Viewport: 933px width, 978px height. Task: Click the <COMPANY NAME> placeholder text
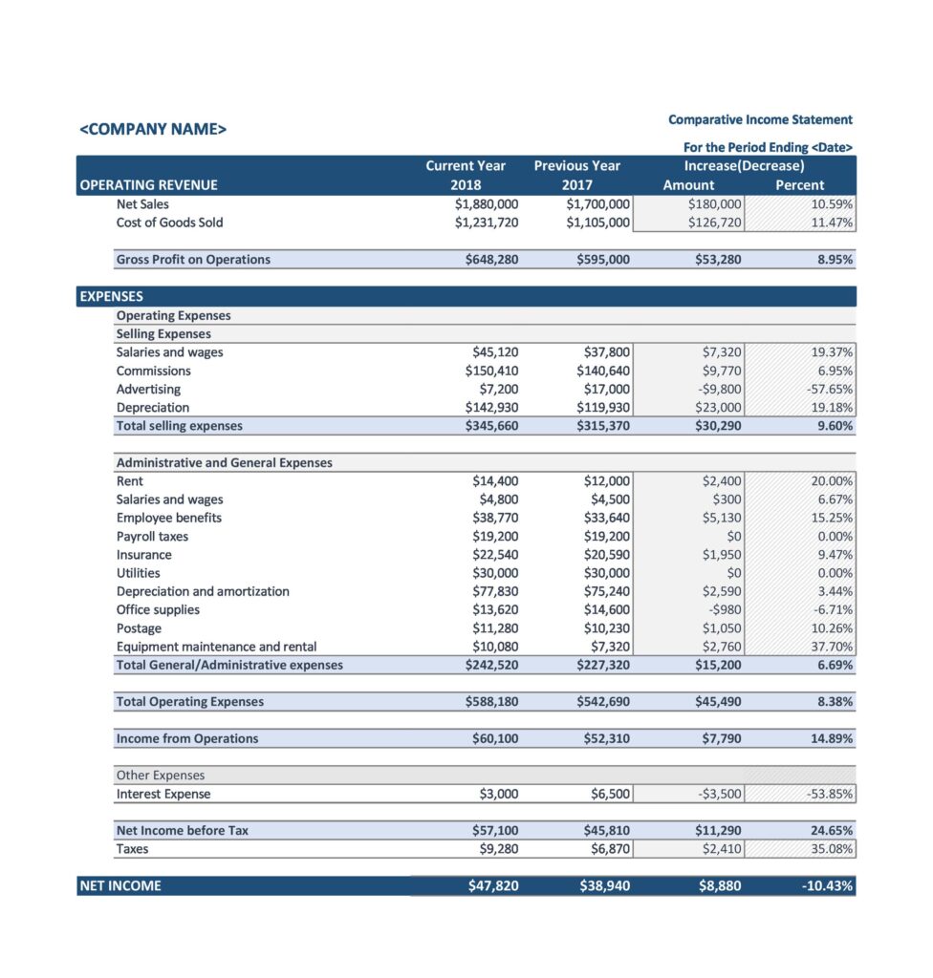click(153, 129)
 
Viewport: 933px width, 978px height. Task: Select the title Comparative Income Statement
click(760, 119)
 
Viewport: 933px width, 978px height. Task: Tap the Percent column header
click(799, 185)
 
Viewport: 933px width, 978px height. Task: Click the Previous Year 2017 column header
click(576, 176)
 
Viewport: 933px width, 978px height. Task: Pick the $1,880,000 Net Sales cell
click(487, 203)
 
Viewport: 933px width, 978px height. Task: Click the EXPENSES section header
click(111, 296)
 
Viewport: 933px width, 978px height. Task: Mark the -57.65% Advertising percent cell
click(829, 389)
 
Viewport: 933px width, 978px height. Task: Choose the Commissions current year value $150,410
click(491, 371)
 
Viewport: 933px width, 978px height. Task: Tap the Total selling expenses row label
click(179, 426)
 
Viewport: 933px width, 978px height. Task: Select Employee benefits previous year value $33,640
click(606, 518)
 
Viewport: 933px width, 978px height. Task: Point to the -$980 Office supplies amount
click(722, 609)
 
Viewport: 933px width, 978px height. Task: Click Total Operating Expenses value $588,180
click(491, 702)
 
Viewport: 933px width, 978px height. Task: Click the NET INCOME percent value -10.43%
click(828, 886)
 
